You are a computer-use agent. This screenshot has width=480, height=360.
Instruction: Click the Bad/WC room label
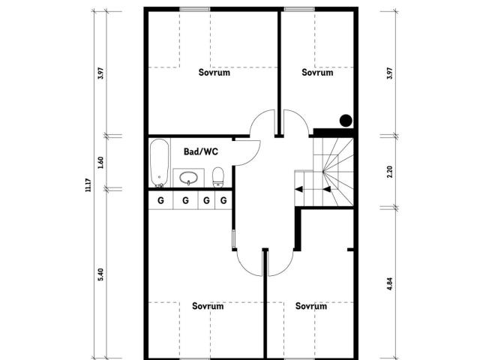point(200,151)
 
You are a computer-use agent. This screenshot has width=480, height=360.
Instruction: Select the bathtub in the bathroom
point(158,163)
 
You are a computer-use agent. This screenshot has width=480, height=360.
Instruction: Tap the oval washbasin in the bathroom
point(187,178)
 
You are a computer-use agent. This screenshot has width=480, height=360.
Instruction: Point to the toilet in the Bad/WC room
point(218,177)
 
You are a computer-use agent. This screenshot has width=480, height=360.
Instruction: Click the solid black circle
point(346,119)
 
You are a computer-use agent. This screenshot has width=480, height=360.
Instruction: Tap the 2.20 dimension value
point(389,172)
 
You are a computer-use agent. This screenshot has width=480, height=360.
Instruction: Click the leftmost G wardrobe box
point(160,200)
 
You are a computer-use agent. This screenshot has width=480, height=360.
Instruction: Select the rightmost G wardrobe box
point(223,200)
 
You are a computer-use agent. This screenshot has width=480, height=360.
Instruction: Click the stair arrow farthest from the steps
point(299,190)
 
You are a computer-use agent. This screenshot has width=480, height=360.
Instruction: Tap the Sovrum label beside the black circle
point(316,73)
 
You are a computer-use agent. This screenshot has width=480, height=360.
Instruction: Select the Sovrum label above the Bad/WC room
point(214,73)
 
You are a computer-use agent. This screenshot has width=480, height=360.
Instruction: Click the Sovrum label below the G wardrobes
point(207,306)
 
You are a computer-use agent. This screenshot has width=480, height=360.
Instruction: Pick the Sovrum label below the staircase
point(310,306)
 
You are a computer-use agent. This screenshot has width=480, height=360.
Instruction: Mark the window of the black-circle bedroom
point(298,9)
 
